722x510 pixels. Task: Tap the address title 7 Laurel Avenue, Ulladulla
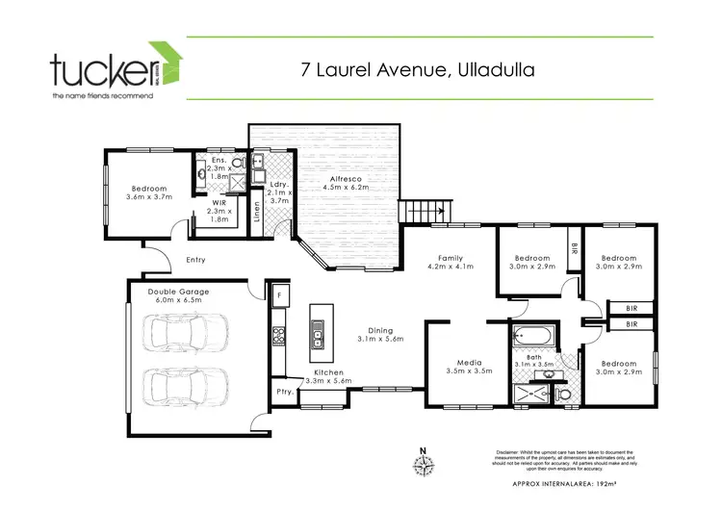[x=418, y=70]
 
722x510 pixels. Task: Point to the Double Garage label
[x=178, y=291]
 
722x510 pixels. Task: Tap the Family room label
[x=451, y=258]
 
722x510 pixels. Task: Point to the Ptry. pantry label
[x=284, y=392]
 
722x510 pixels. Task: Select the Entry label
[x=195, y=259]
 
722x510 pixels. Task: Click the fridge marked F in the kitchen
[x=278, y=294]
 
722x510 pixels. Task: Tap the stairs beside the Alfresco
[x=425, y=209]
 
